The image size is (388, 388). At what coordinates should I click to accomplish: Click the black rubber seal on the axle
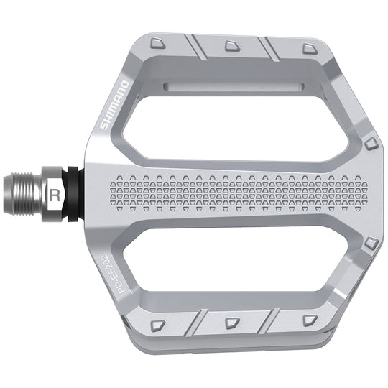[73, 194]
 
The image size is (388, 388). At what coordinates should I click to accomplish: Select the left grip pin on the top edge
[158, 45]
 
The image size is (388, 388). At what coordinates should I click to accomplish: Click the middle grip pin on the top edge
[232, 46]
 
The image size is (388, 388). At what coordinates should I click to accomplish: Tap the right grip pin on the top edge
[309, 48]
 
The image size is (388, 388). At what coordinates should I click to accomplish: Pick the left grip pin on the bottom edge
[158, 325]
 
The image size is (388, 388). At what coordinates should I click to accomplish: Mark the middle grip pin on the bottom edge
[232, 323]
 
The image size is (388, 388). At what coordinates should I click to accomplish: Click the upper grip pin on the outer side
[370, 144]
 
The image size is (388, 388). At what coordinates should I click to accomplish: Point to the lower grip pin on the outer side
[370, 244]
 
